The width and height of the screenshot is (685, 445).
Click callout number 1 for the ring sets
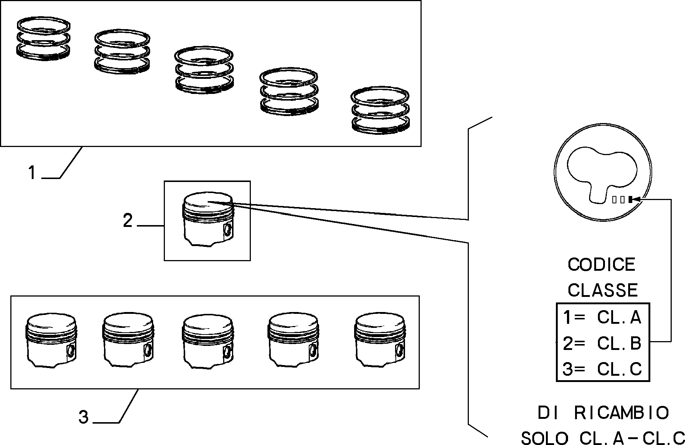(32, 172)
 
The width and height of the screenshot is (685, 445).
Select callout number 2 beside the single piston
(128, 221)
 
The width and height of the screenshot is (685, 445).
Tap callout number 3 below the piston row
(83, 417)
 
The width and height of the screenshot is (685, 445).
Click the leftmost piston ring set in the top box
(44, 38)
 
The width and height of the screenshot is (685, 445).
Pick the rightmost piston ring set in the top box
(380, 110)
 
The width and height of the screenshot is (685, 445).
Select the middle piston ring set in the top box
(204, 70)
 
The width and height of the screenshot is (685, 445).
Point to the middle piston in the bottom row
(208, 341)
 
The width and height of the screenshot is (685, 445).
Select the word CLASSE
(603, 290)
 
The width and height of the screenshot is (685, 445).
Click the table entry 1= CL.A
(602, 318)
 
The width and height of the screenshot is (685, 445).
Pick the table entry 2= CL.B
(602, 343)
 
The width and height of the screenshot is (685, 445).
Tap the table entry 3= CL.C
(602, 369)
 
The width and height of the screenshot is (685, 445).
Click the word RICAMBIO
(622, 413)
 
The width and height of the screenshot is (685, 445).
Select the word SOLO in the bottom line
(544, 438)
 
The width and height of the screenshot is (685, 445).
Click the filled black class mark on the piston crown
(630, 199)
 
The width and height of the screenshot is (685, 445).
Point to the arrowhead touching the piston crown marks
(637, 199)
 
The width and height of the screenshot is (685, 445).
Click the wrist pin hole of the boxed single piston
(228, 230)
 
